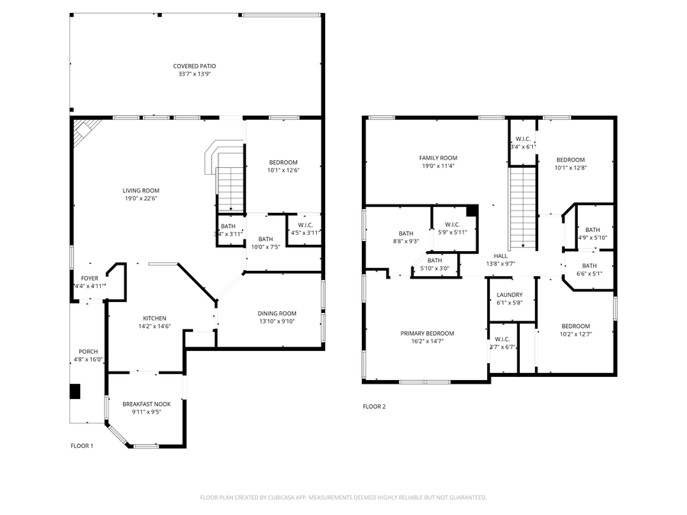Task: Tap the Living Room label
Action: (x=141, y=191)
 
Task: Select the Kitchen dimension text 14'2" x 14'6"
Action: (x=154, y=327)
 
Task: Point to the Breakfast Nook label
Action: (x=147, y=404)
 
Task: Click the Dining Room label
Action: (x=276, y=314)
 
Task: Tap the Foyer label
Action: (x=89, y=278)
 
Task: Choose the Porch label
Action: (x=89, y=351)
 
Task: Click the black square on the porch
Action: (x=75, y=391)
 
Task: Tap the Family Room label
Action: (x=437, y=157)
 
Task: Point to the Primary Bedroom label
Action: (x=427, y=333)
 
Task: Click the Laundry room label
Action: (x=509, y=295)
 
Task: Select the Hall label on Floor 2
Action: (x=501, y=256)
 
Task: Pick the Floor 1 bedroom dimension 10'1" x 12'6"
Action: (x=283, y=170)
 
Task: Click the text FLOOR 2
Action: (x=374, y=407)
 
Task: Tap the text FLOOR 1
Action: (x=82, y=446)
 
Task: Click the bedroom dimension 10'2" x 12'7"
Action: (x=576, y=333)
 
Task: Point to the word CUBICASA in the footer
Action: (x=282, y=497)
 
